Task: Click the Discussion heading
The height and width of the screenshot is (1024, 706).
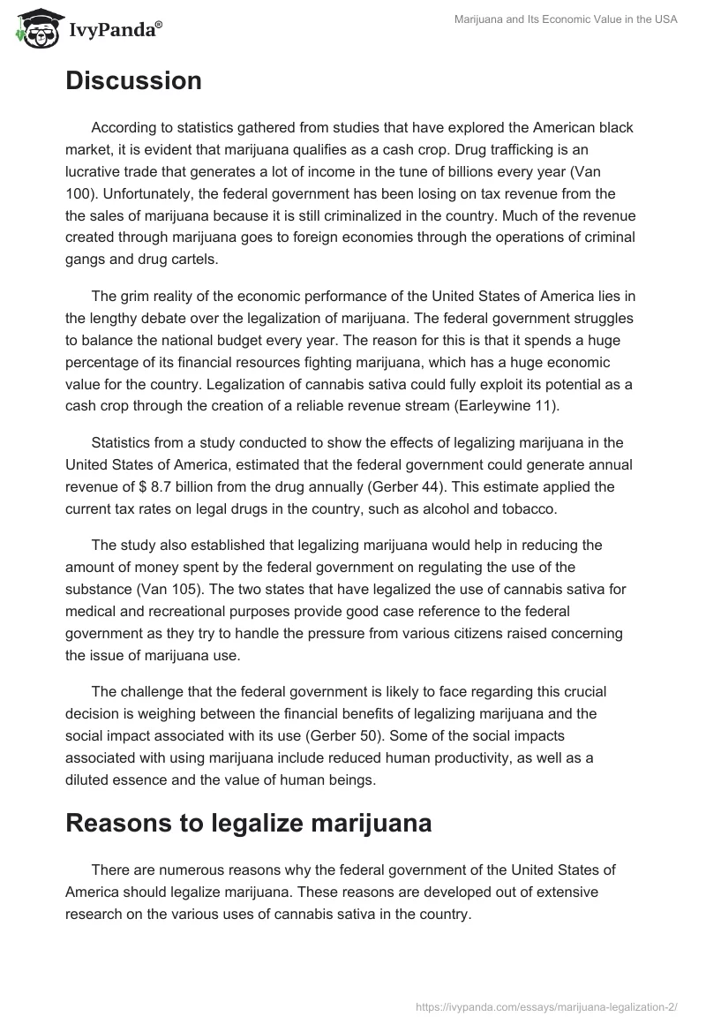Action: [x=133, y=81]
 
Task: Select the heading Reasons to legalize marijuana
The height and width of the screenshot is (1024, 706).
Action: [x=248, y=823]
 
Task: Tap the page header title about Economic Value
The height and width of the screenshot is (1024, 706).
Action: [x=565, y=20]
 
